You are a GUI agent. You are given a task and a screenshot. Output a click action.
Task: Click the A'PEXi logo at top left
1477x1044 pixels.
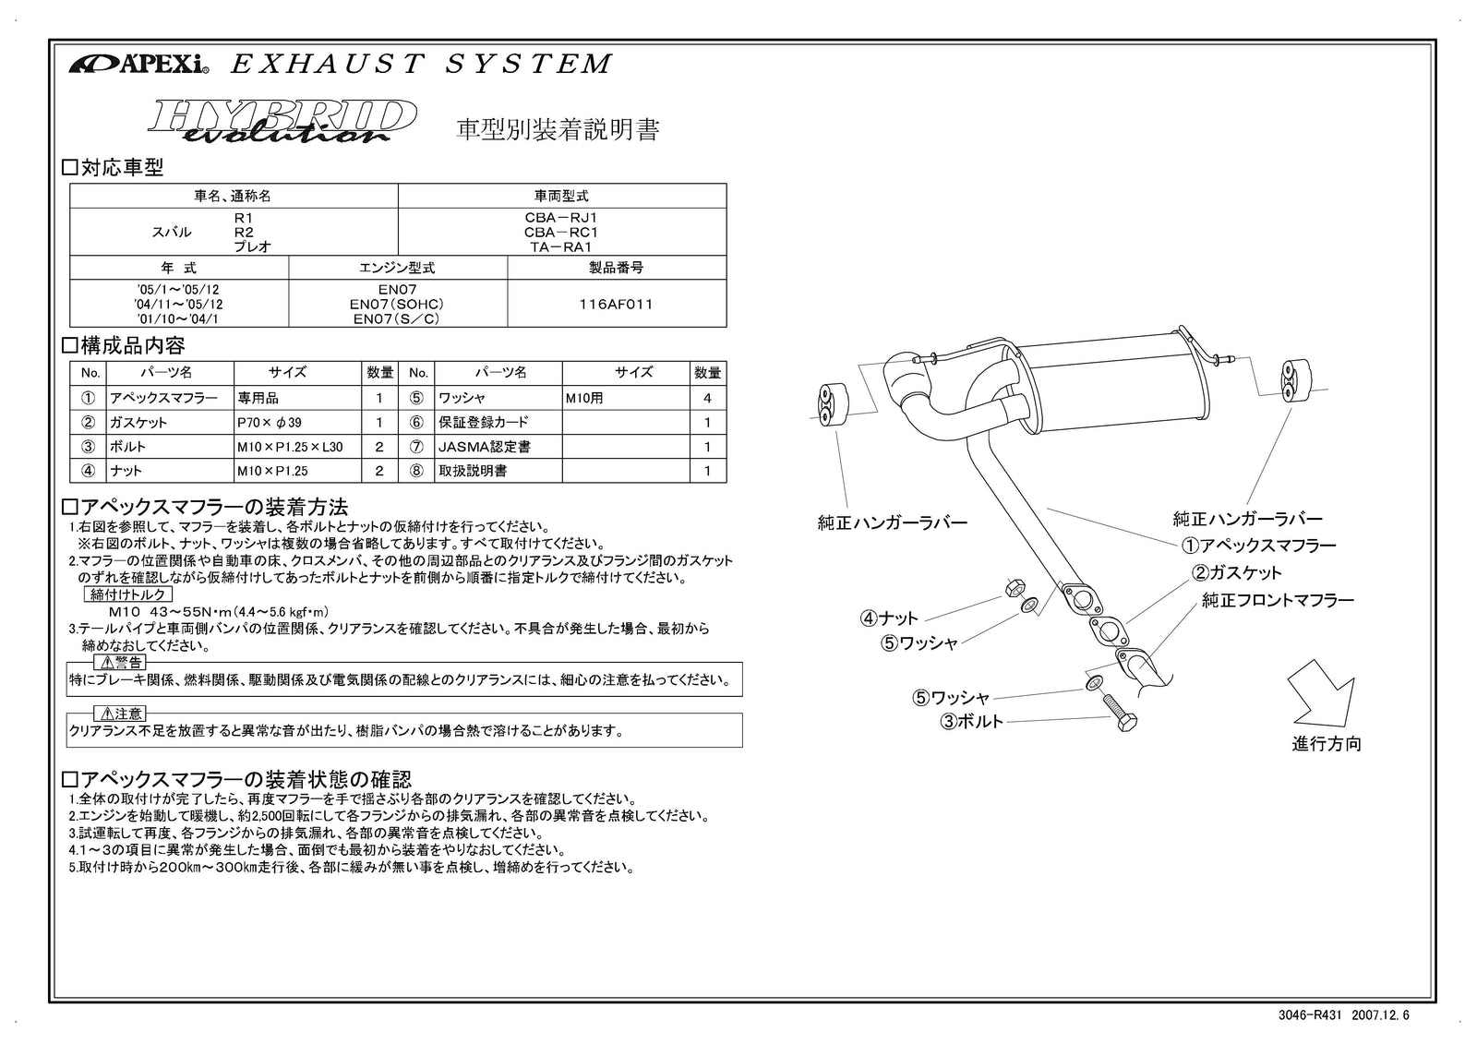(x=138, y=65)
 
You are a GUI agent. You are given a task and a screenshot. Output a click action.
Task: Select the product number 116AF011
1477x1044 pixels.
(x=617, y=304)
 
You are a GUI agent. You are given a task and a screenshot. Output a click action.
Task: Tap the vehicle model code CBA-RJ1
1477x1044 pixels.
(x=561, y=218)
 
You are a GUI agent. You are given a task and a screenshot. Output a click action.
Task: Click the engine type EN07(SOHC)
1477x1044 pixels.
(x=398, y=304)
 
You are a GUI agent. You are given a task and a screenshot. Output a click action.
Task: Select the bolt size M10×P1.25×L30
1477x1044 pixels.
(x=289, y=447)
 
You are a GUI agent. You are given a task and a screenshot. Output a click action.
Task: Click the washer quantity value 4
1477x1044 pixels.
(x=708, y=399)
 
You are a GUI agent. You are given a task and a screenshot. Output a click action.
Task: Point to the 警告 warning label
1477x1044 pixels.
(x=119, y=663)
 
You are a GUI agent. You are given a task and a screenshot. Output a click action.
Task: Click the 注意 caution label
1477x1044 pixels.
(x=119, y=714)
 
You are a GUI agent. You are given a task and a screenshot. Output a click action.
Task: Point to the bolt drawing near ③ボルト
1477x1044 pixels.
(x=1120, y=714)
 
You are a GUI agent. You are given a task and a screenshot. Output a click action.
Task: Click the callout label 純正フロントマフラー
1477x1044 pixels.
(x=1278, y=601)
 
